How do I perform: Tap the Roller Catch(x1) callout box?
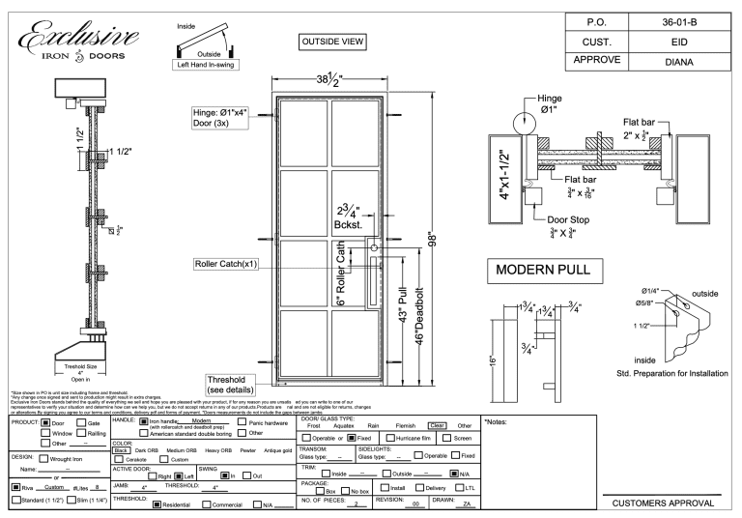[x=231, y=263]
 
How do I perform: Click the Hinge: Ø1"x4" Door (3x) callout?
[x=221, y=118]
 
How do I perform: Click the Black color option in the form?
[x=122, y=449]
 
